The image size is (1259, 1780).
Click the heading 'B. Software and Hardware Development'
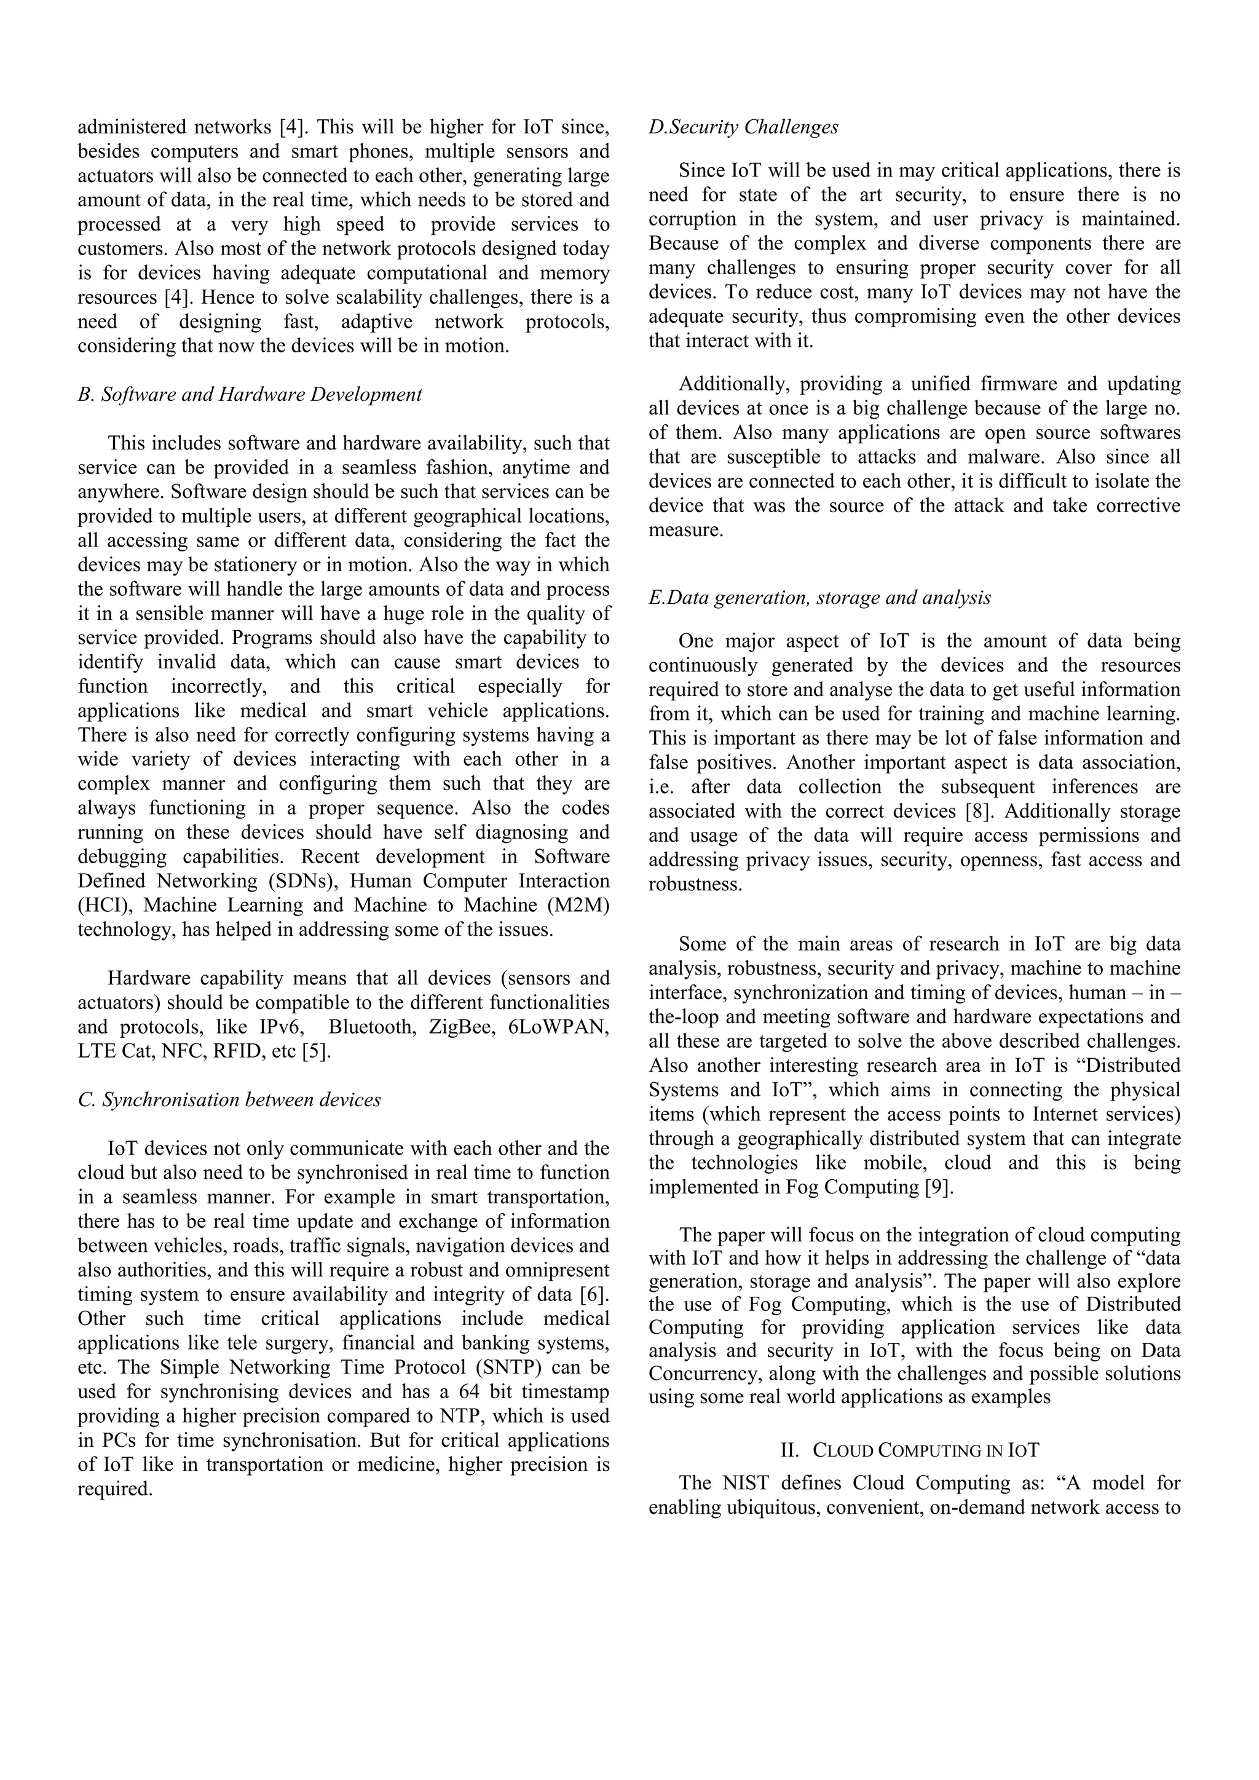pos(250,395)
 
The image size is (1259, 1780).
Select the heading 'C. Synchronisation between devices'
pos(229,1100)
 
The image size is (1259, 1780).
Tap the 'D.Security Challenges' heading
pos(743,127)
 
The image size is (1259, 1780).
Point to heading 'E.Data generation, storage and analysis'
pos(819,598)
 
